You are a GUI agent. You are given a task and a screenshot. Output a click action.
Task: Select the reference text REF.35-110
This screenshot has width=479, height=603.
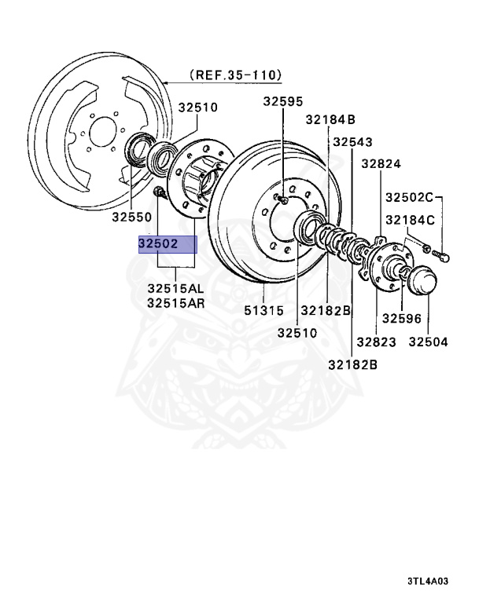pos(234,75)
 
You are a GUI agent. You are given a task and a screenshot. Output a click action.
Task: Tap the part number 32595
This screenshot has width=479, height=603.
pos(282,101)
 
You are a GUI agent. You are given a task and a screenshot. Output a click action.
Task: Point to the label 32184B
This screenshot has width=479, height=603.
pos(330,119)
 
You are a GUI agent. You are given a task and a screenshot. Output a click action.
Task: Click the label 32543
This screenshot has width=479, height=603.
pos(352,142)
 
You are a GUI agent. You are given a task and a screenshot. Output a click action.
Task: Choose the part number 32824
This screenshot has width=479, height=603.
pos(381,164)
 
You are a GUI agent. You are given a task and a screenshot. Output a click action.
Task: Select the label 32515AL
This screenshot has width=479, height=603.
pos(175,287)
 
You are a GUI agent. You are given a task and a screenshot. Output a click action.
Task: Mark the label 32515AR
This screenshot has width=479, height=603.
pos(175,301)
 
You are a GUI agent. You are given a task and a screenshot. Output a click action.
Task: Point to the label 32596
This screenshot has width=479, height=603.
pos(402,318)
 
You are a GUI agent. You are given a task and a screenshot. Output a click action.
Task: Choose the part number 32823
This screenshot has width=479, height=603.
pos(374,342)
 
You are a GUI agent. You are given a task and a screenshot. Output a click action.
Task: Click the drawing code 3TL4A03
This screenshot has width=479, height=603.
pos(427,582)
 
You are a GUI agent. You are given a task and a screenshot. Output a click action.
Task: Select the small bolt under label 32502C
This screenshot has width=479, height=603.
pos(440,254)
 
